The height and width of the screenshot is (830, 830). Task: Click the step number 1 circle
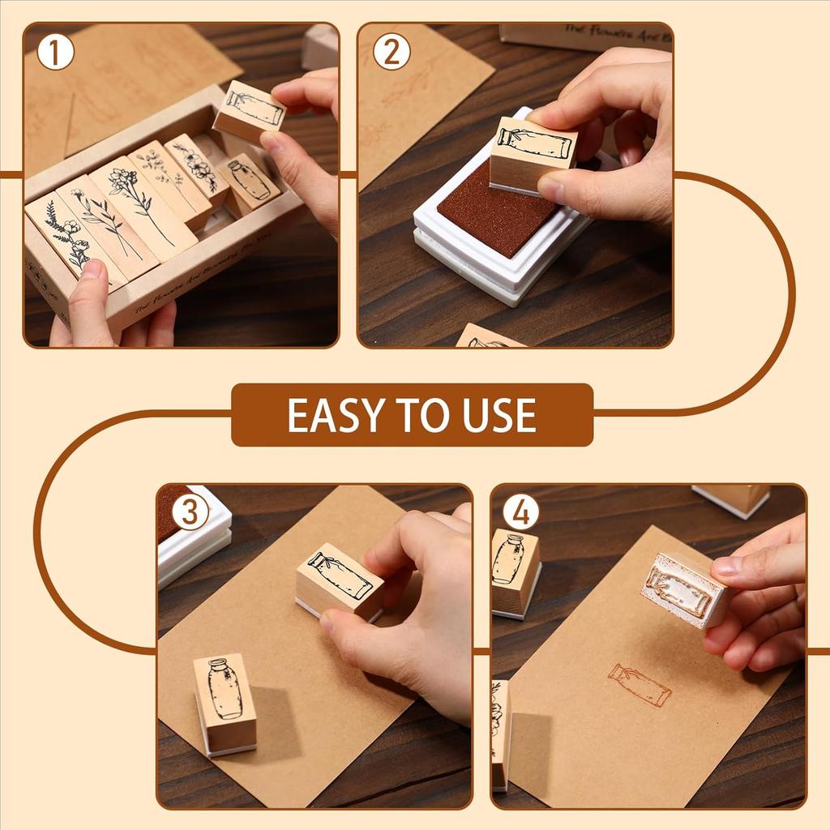pyautogui.click(x=55, y=53)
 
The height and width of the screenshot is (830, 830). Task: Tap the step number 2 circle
pyautogui.click(x=391, y=53)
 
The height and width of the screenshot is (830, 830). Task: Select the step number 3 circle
pyautogui.click(x=190, y=513)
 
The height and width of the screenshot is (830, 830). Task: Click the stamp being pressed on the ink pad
pyautogui.click(x=533, y=154)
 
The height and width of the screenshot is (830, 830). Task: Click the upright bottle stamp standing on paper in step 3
pyautogui.click(x=225, y=702)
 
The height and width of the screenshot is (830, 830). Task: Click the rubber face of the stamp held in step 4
pyautogui.click(x=679, y=590)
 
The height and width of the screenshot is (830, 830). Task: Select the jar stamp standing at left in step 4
pyautogui.click(x=514, y=571)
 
